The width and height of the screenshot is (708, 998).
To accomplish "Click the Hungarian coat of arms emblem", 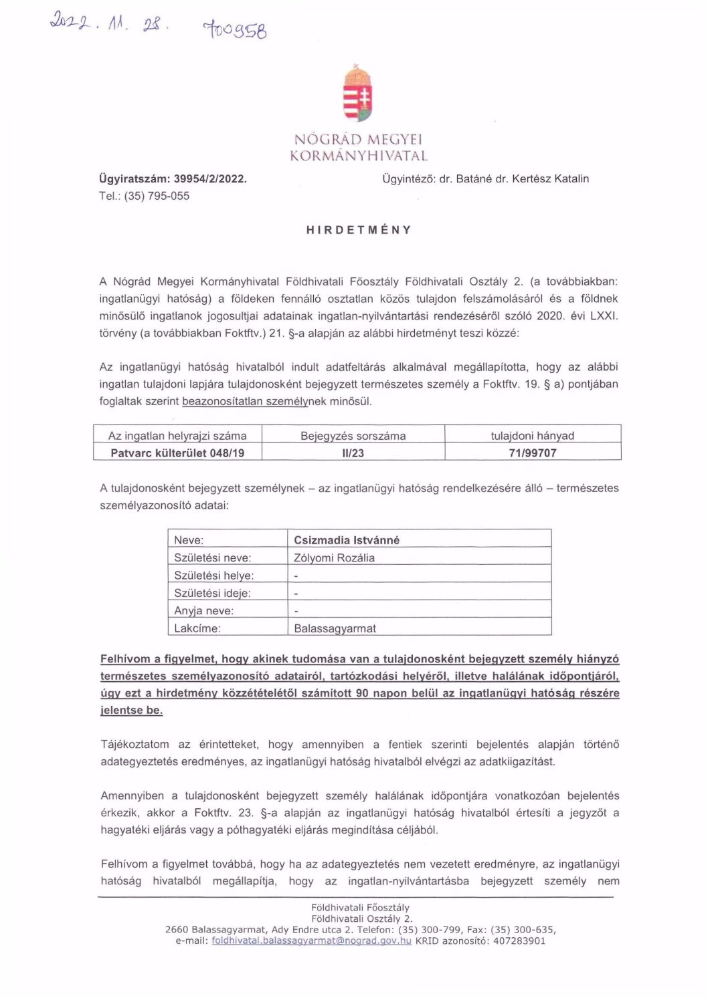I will coord(358,94).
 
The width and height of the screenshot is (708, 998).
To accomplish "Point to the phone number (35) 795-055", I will coord(157,196).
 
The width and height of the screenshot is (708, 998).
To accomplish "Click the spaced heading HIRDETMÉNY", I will coord(359,229).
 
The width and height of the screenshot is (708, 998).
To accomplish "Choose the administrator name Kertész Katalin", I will coord(550,178).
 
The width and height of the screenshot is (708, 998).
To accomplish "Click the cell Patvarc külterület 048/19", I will coord(177,453).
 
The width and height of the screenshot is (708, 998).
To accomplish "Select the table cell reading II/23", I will coord(353,453).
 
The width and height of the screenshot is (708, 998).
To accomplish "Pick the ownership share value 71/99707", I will coord(532,453).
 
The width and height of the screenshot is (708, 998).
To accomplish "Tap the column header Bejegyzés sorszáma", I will coord(353,435).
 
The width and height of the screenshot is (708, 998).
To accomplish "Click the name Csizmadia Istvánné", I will coord(347,539).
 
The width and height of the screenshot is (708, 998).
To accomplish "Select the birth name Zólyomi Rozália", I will coord(334,557).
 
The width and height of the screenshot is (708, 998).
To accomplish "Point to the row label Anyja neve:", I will coord(203,610).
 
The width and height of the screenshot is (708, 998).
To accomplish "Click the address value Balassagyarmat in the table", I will coord(335,628).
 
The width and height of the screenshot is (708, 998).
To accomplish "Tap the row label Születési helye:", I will coord(213,575).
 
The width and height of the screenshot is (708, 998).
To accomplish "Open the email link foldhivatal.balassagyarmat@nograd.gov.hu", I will coord(311,941).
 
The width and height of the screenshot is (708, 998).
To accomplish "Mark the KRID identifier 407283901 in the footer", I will coord(517,941).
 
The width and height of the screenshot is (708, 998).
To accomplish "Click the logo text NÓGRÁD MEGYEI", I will coord(358,140).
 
